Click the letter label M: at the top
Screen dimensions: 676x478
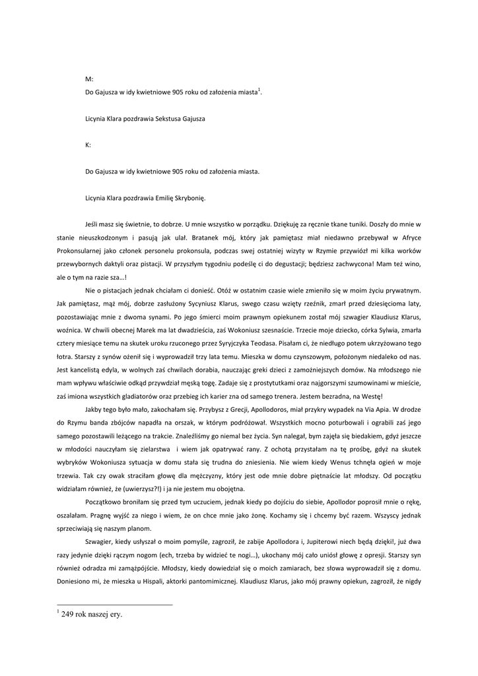pos(89,79)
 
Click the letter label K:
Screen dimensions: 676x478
pos(88,145)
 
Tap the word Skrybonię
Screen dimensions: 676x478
pos(190,197)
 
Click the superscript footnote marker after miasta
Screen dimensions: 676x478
pos(259,90)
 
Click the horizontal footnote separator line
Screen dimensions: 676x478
pos(115,604)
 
